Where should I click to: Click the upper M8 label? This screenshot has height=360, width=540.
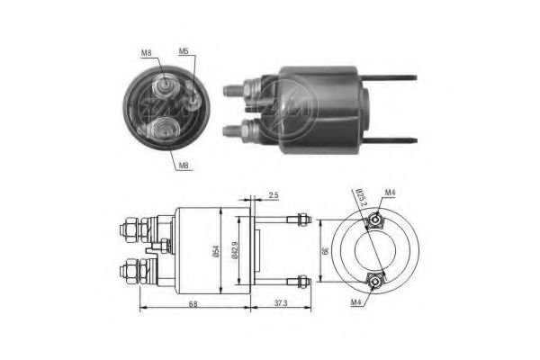pos(146,54)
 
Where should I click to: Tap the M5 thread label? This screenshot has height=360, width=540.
pos(184,50)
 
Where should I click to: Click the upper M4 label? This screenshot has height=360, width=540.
pos(390,191)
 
